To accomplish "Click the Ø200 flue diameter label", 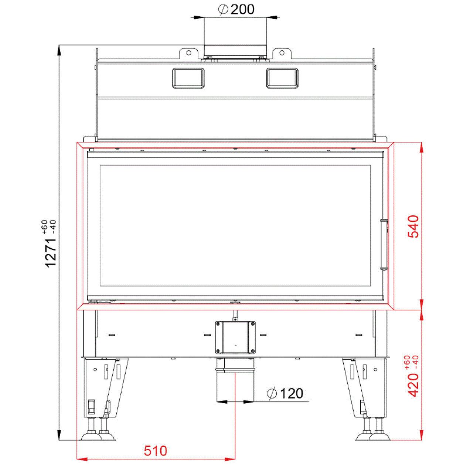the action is coord(236,10).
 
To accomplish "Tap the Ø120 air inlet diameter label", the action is coord(285,393).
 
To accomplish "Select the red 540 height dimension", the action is coord(413,226).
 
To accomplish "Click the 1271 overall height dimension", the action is coord(51,253).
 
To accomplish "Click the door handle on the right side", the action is coord(384,244).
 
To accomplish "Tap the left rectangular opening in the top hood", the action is coord(188,78).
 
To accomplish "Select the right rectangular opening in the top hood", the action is coord(282,78).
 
